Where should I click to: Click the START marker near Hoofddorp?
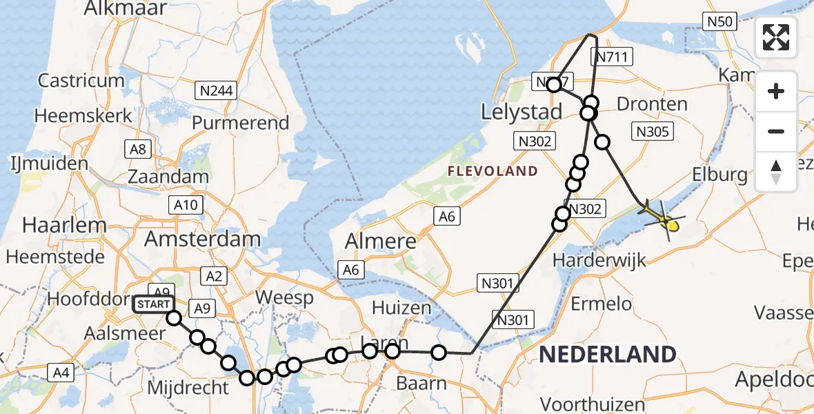point(153,304)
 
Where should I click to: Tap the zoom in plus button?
point(776,92)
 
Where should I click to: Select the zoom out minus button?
point(776,131)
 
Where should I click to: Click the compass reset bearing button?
point(776,170)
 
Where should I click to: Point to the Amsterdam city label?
point(203,239)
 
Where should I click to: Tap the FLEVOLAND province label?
point(492,170)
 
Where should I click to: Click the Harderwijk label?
point(598,261)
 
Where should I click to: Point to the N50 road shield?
point(720,21)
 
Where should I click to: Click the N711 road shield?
point(612,57)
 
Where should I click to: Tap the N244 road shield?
point(215,90)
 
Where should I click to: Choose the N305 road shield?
point(652,131)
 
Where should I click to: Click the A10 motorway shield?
point(186,204)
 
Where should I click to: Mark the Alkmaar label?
point(125,8)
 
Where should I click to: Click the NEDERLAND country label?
point(607,355)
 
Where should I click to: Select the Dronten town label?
point(652,104)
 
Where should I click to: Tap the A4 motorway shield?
point(61,373)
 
